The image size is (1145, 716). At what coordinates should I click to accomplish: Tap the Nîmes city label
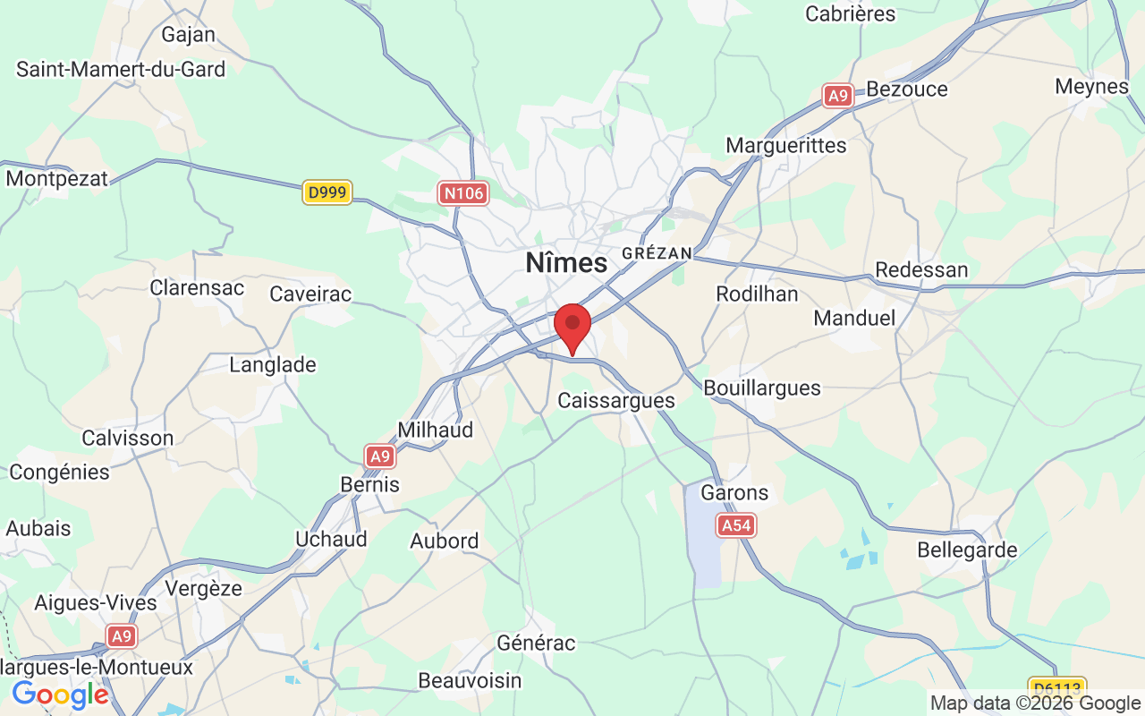[566, 263]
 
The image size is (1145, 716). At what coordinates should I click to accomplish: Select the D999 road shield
[327, 192]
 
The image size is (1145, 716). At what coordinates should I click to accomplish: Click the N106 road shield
[463, 192]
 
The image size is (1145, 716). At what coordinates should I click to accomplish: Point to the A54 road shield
[736, 525]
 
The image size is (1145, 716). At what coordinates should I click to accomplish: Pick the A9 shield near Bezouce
[838, 96]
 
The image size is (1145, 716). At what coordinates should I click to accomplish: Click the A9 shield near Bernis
[381, 456]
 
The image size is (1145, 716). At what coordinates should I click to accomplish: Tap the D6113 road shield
[1057, 688]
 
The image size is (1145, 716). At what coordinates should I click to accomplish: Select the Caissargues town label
[616, 400]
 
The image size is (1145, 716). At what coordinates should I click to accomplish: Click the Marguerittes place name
[785, 145]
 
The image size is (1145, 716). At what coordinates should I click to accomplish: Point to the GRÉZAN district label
[657, 253]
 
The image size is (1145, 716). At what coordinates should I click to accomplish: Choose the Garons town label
[734, 492]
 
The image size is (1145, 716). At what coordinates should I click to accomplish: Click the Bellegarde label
[967, 550]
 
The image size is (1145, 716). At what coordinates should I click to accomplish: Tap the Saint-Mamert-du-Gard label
[121, 69]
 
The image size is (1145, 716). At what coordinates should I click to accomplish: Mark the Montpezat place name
[56, 178]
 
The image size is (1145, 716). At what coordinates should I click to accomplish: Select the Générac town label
[536, 643]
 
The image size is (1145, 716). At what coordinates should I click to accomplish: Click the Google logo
[60, 695]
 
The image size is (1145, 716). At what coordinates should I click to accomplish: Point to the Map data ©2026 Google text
[1035, 703]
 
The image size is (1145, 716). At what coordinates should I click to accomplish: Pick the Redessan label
[921, 269]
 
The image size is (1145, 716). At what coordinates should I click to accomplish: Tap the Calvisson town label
[127, 438]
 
